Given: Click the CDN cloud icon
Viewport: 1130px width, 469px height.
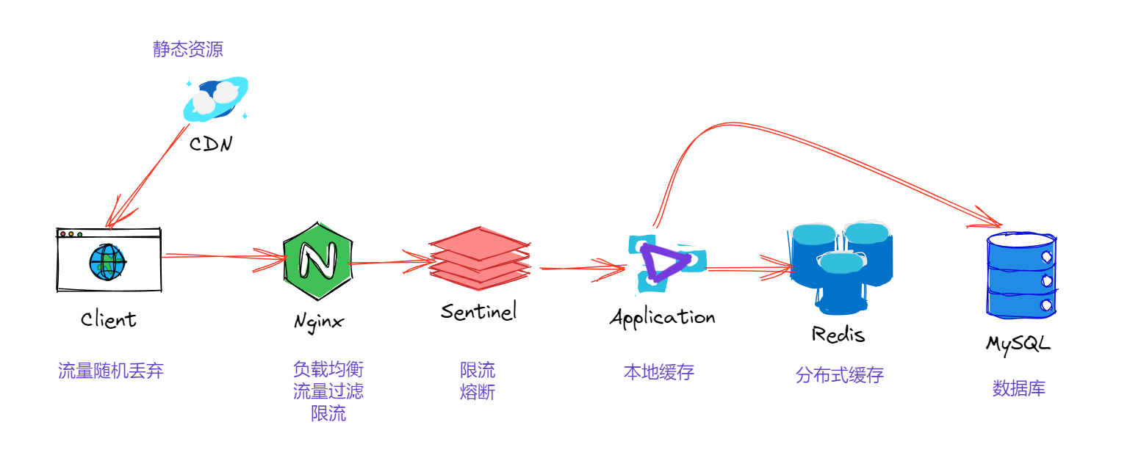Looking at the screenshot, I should click(x=215, y=101).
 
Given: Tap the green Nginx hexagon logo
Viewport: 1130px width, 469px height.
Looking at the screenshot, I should click(x=317, y=259).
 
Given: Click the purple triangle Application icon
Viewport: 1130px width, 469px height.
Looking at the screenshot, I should click(x=666, y=261).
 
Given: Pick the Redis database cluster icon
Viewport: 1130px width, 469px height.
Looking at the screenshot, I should click(x=841, y=264).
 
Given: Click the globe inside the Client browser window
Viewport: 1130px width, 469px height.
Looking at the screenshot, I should click(x=107, y=261).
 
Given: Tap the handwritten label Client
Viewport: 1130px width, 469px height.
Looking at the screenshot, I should click(x=109, y=320).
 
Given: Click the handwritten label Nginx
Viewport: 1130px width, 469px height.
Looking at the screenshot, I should click(x=318, y=322).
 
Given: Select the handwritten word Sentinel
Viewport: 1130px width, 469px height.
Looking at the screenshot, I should click(x=479, y=311).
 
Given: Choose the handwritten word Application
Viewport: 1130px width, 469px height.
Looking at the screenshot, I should click(x=663, y=318).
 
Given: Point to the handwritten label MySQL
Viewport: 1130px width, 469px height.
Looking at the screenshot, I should click(x=1018, y=343).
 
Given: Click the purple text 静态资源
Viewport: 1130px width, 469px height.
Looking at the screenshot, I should click(x=187, y=49).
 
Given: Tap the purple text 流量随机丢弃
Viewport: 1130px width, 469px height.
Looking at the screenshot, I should click(x=111, y=371).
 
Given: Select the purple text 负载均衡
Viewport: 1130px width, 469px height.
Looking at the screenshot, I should click(x=328, y=368).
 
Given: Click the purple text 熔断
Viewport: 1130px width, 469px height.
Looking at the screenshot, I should click(x=478, y=392).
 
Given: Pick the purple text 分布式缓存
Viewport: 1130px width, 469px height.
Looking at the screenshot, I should click(x=839, y=376).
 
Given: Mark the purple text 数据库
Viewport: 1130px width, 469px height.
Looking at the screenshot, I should click(x=1018, y=388).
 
